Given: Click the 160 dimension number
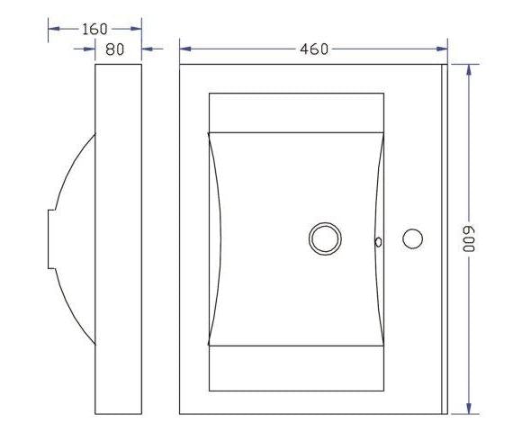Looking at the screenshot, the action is (94, 29).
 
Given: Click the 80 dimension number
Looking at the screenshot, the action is (115, 49).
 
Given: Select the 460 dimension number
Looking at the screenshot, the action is (314, 49).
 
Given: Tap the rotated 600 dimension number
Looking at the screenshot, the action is (469, 239).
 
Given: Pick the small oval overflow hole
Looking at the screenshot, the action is (379, 242).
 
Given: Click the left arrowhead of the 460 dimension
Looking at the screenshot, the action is (185, 49).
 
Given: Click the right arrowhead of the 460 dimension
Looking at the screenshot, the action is (442, 49).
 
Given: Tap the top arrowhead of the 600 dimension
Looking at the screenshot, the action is (469, 70).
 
